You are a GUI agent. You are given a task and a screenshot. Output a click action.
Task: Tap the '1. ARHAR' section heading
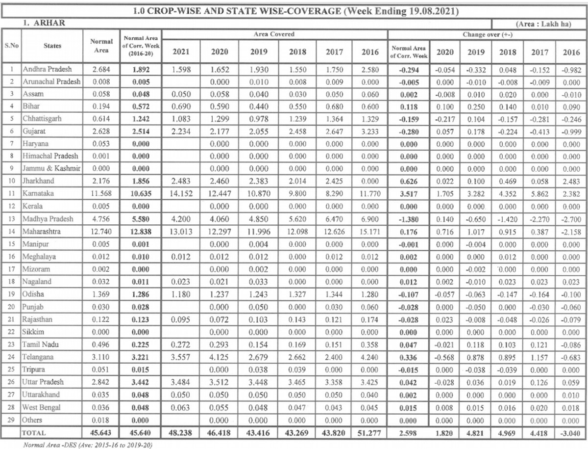44,23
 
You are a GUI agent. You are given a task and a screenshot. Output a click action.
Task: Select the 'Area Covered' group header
274,34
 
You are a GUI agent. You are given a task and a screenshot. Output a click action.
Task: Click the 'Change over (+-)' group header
487,34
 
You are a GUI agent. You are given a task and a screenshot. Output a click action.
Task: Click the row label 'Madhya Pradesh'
47,218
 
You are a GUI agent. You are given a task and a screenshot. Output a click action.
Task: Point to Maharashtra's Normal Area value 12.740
101,231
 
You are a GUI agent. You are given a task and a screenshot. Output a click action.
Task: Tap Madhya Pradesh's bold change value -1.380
408,218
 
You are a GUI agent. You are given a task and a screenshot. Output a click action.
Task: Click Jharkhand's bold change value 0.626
408,181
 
